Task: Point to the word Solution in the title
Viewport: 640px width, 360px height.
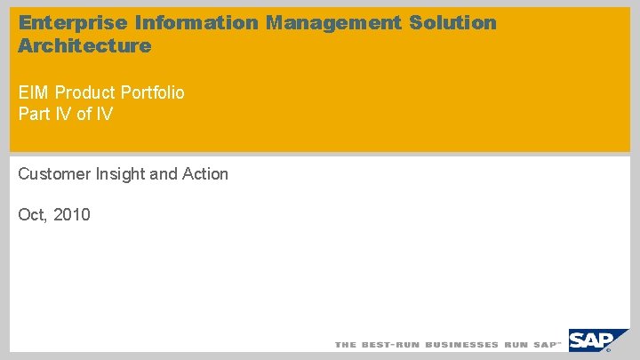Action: click(453, 23)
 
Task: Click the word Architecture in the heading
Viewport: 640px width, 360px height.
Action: click(84, 46)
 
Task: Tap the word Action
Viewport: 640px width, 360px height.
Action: click(205, 174)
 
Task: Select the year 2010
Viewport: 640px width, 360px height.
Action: click(71, 214)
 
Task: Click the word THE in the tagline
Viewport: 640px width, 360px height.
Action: click(345, 344)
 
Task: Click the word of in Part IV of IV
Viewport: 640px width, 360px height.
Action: click(84, 114)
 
